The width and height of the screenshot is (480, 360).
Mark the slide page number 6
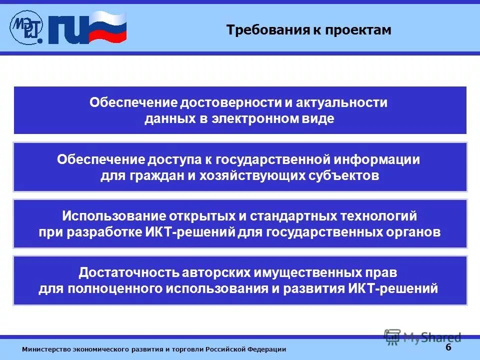pos(448,347)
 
